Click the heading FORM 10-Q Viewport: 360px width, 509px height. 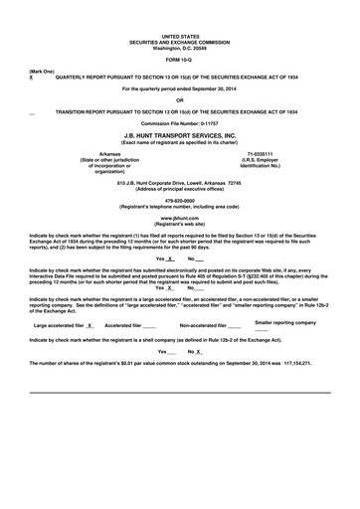179,58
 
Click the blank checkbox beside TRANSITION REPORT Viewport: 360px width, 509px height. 33,113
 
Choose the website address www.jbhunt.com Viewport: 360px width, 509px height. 179,217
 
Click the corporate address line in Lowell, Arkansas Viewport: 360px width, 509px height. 179,183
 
